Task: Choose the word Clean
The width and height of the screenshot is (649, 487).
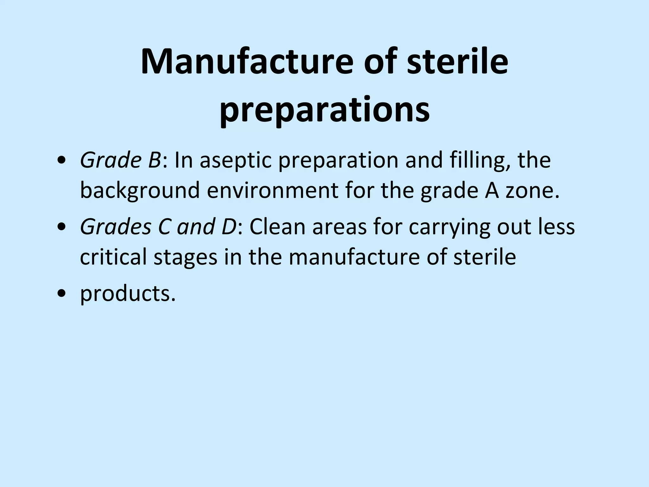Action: (x=278, y=227)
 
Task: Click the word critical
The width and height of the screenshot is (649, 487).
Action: (x=113, y=256)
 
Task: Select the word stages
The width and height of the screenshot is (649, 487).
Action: (x=186, y=257)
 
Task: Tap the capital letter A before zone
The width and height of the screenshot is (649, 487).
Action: (x=490, y=191)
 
